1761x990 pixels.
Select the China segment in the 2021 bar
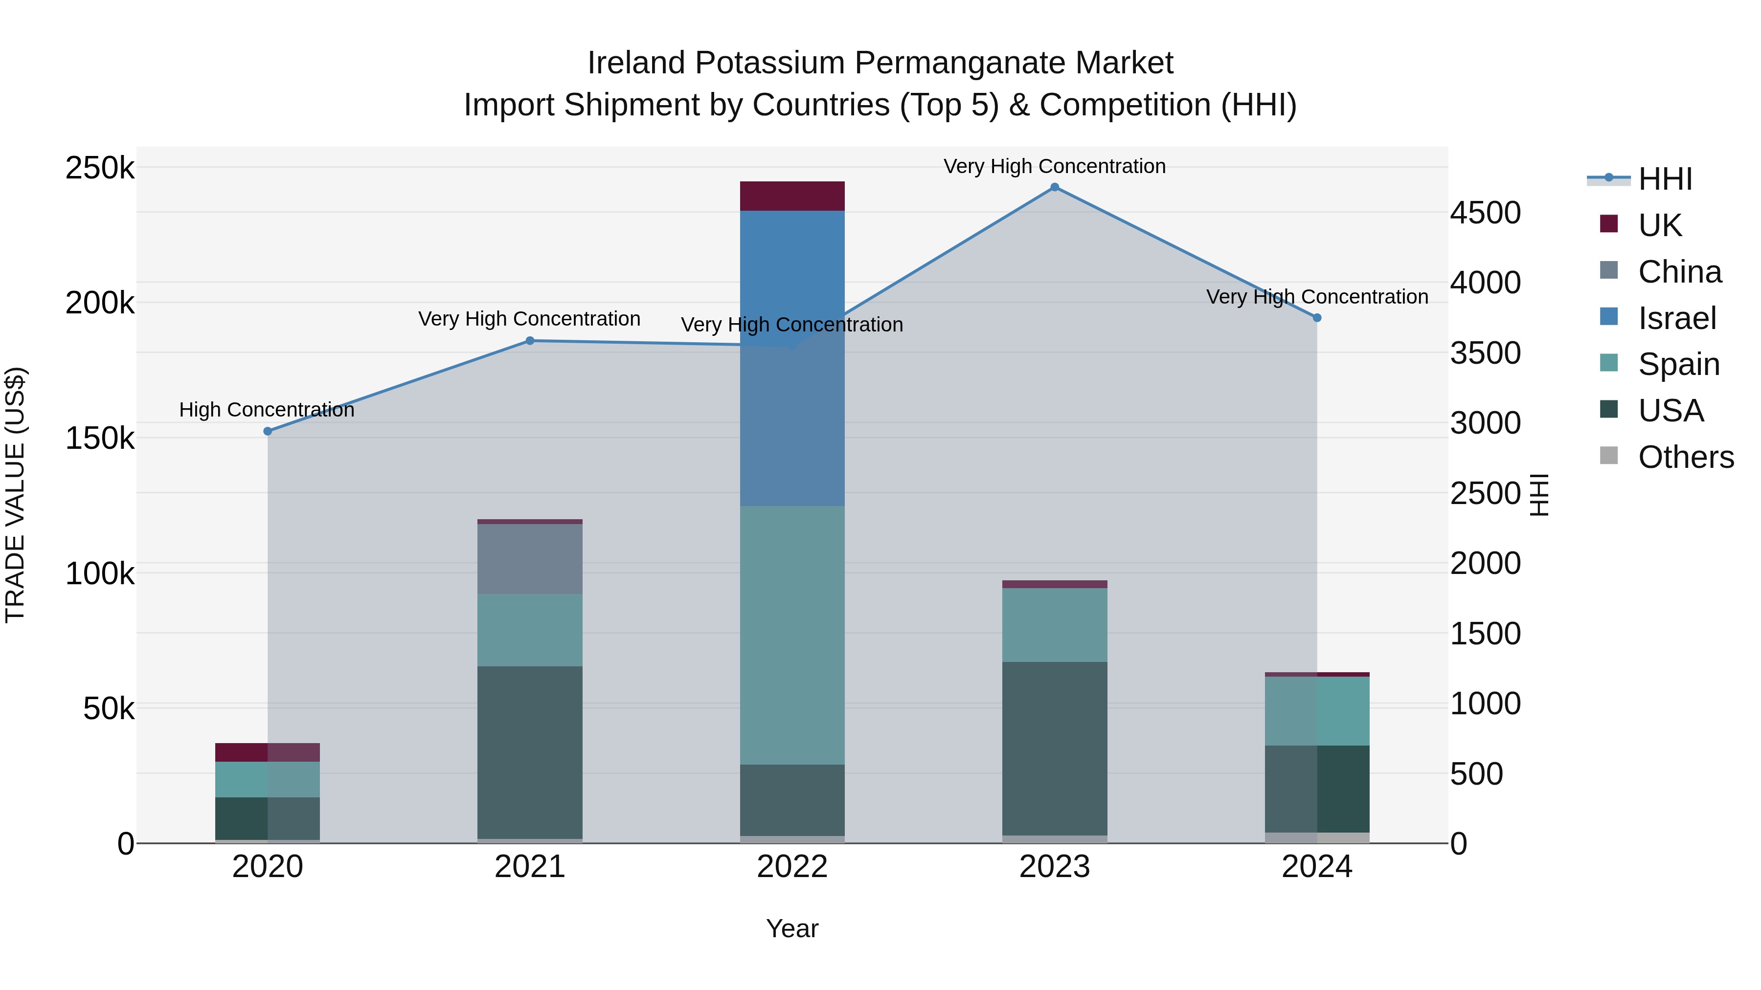[530, 558]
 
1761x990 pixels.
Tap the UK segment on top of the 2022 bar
[792, 196]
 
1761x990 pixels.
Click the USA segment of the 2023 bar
[1055, 748]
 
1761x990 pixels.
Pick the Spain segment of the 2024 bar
[1317, 710]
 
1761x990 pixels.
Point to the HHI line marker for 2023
[1055, 187]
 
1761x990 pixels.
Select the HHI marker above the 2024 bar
[1317, 318]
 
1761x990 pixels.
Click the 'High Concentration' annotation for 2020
[267, 410]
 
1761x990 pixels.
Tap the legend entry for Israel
[1677, 318]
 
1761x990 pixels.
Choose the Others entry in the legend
[1686, 457]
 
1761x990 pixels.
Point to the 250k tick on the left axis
[100, 168]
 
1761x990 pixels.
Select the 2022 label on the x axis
[792, 867]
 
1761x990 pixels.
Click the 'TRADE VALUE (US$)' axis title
[16, 495]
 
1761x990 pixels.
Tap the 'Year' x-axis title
[792, 928]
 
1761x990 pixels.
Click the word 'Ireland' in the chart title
[636, 63]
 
